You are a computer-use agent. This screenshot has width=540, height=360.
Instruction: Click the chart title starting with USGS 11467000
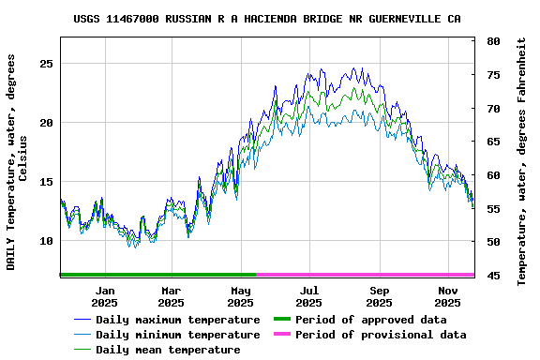click(x=266, y=19)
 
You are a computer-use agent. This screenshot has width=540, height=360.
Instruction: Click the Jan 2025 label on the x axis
click(x=105, y=296)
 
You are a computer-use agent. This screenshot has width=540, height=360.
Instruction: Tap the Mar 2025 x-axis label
click(x=172, y=296)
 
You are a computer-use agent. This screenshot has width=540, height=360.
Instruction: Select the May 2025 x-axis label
click(x=241, y=296)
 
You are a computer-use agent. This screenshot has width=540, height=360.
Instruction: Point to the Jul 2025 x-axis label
click(x=309, y=296)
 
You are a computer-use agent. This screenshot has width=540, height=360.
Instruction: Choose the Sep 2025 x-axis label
click(x=380, y=296)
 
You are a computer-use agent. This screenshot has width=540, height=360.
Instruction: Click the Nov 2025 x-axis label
click(x=448, y=296)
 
